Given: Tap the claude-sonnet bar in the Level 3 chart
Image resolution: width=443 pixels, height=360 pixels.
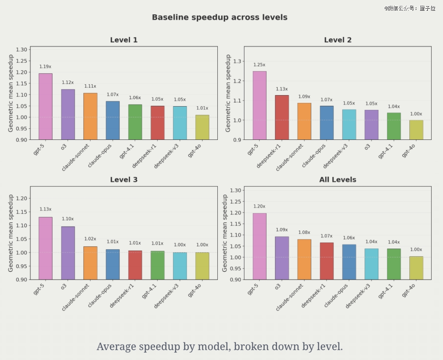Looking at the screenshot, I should click(x=90, y=263).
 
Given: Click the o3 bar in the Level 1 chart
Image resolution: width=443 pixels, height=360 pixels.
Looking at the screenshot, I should click(x=68, y=114).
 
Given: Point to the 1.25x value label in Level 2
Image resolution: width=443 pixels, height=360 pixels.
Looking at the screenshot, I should click(x=259, y=65).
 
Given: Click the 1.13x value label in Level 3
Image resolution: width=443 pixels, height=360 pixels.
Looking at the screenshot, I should click(x=46, y=210).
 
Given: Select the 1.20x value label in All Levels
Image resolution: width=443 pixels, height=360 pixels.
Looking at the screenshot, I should click(x=259, y=207).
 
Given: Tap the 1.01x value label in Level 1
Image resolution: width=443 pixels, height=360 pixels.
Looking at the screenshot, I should click(x=202, y=108).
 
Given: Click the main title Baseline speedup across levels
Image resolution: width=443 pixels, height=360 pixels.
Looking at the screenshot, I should click(x=219, y=17).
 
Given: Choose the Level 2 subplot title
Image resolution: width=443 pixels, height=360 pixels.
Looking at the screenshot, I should click(x=338, y=40).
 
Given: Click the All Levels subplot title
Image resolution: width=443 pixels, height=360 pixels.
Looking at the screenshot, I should click(x=338, y=180).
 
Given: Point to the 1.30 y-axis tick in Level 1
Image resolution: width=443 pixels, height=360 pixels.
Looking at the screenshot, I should click(x=21, y=50).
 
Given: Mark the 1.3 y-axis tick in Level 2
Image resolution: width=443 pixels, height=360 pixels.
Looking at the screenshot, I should click(x=237, y=61).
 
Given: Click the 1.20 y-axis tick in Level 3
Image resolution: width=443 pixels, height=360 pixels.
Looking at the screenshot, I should click(x=21, y=198).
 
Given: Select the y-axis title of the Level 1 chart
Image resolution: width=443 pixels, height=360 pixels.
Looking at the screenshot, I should click(x=11, y=95).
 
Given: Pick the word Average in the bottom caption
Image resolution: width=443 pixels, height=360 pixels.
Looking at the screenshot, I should click(x=116, y=346).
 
